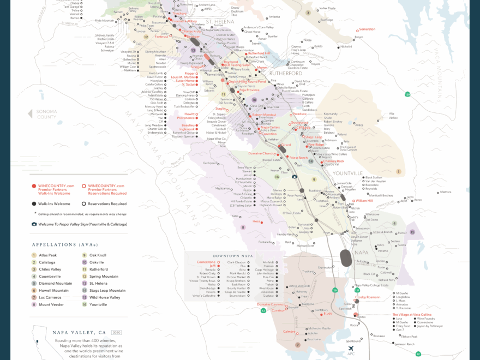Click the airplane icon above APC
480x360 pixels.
[x=350, y=348]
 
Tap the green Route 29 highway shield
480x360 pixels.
[x=335, y=291]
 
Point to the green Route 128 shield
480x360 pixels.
[x=407, y=94]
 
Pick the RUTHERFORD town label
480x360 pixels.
[x=285, y=73]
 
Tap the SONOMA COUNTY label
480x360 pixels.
[x=46, y=114]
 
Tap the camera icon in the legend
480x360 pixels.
[x=34, y=224]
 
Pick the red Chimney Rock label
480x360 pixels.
[x=333, y=161]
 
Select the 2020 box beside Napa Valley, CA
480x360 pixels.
[x=116, y=332]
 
